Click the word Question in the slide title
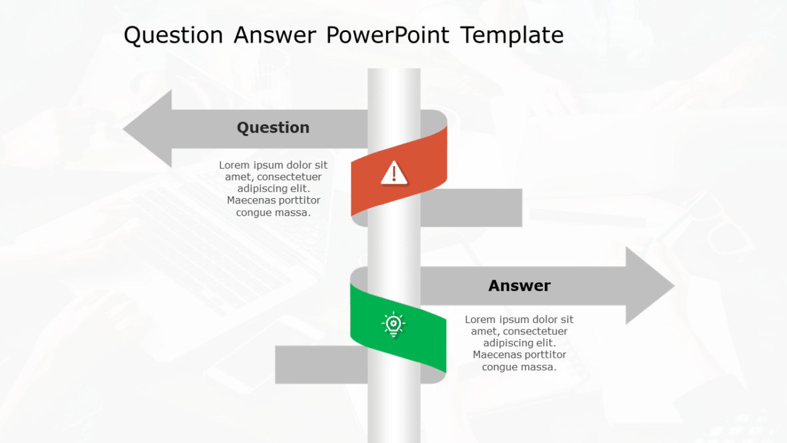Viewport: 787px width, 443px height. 173,35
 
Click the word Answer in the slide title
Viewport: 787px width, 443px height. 274,35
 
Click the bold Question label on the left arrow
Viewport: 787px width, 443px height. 273,127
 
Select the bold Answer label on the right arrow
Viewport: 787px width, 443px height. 519,286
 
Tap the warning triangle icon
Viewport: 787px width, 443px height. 394,173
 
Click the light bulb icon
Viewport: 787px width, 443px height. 393,324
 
